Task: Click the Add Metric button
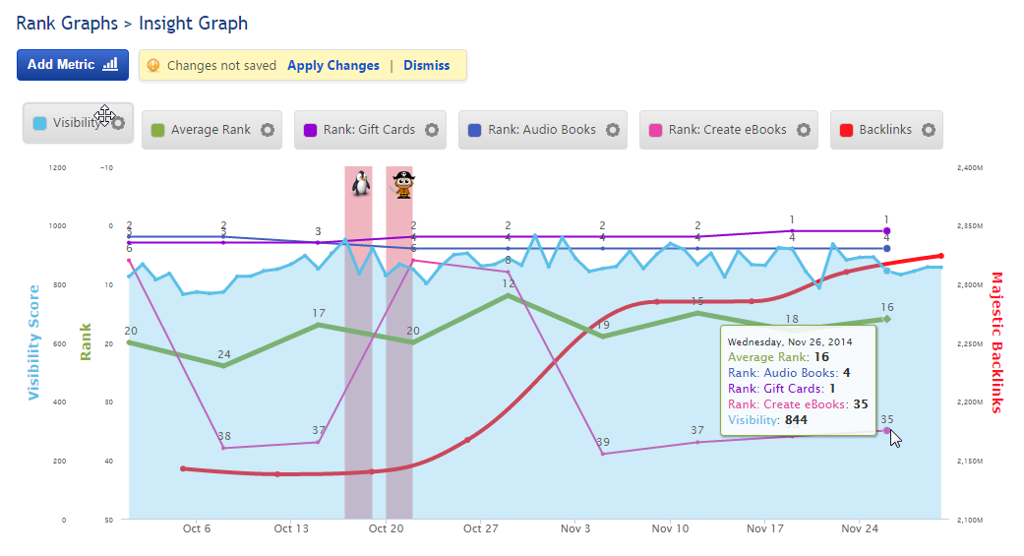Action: [73, 65]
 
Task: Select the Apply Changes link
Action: [332, 66]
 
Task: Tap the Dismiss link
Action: [426, 66]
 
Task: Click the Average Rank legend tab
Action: [210, 130]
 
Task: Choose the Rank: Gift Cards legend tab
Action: [368, 130]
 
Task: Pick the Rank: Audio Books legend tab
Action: [541, 130]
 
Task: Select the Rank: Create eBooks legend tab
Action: [726, 130]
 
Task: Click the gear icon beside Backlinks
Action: [927, 130]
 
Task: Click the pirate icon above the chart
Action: [402, 184]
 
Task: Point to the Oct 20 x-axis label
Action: [386, 528]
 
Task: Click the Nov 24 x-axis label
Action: [860, 528]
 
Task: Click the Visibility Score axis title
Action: [34, 342]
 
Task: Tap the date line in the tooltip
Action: [789, 341]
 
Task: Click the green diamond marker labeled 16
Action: [886, 319]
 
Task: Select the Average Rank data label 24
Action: [224, 354]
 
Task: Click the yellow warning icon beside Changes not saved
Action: [153, 66]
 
